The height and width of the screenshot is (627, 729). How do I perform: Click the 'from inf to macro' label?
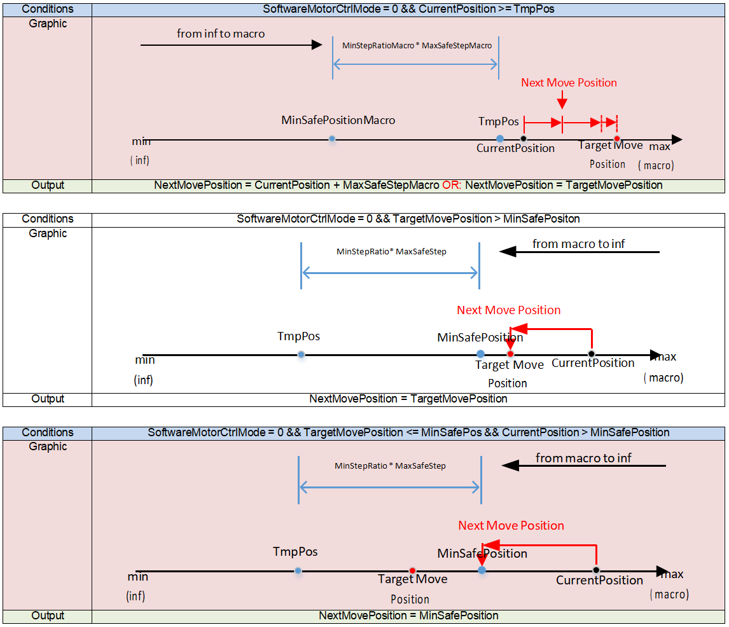coord(221,34)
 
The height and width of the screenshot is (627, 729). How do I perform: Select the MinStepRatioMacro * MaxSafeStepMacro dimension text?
coord(417,46)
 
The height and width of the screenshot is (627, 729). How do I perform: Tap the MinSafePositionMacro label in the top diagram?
coord(338,120)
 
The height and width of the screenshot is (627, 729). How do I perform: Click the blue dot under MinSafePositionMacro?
coord(332,139)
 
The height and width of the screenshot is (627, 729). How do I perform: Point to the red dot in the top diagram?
coord(617,139)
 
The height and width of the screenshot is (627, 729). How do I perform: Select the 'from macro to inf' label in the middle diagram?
coord(579,244)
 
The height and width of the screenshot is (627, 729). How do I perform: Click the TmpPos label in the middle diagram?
coord(299,336)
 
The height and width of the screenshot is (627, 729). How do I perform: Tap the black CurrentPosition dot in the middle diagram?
coord(592,354)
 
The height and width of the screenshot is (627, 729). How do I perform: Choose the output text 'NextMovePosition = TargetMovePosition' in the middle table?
coord(408,399)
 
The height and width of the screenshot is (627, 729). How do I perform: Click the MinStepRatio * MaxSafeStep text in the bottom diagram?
coord(390,465)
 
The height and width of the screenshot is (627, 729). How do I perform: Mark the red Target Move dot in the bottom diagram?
coord(413,570)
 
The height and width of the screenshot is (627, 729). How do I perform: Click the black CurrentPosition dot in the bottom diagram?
coord(597,570)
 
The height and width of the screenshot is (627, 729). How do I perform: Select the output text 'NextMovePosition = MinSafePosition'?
coord(408,616)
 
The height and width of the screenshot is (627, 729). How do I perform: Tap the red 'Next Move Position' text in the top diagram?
coord(569,83)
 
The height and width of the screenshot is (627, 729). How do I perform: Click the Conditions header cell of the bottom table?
coord(48,432)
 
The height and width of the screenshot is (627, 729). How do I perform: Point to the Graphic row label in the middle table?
coord(48,233)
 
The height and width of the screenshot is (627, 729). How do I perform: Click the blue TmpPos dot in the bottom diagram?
coord(298,570)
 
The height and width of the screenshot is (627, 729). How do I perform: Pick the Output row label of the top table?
coord(48,186)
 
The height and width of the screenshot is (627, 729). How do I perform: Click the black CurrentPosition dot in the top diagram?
coord(524,139)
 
